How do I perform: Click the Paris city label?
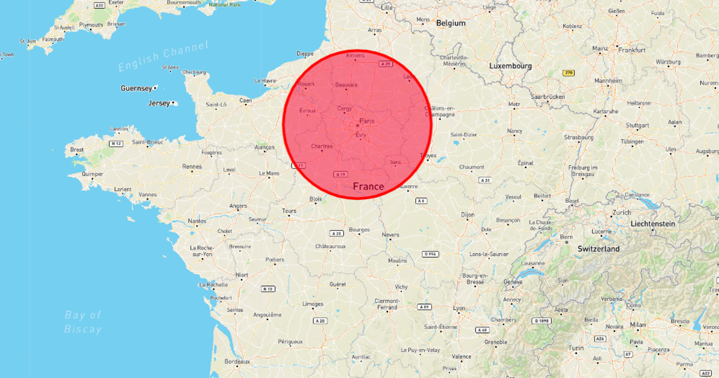366,121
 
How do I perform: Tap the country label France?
368,187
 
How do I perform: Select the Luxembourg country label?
510,65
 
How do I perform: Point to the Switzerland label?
598,248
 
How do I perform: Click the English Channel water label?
163,56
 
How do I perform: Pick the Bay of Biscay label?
83,322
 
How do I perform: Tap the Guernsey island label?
136,88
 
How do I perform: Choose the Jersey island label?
159,103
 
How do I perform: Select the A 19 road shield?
341,174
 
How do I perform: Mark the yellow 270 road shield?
568,73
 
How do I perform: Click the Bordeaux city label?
237,362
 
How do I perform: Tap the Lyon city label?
459,308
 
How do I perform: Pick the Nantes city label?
197,221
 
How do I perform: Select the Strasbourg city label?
577,137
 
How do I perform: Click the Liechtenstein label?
652,223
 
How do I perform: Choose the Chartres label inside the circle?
322,146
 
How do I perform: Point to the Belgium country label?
451,23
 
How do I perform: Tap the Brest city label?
77,149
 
